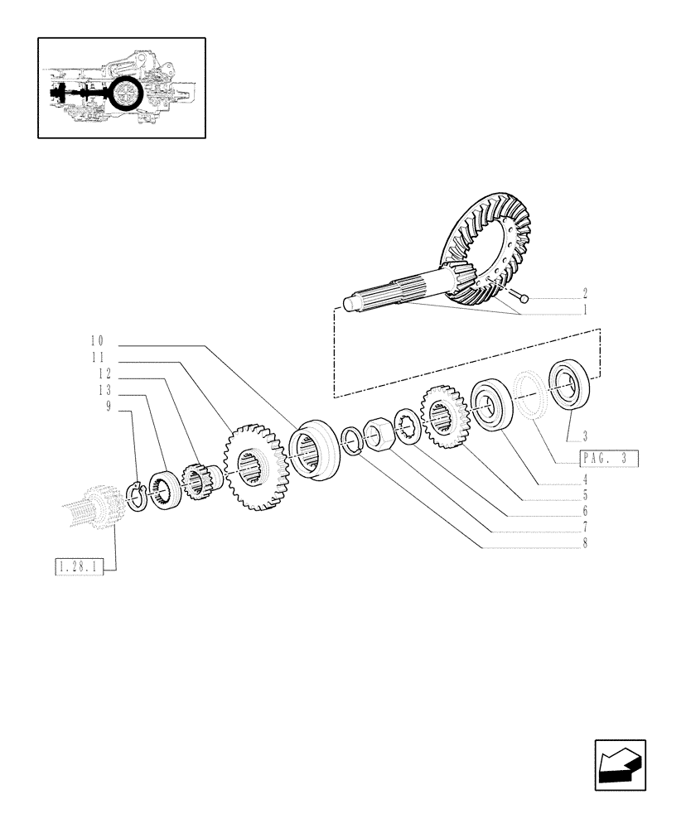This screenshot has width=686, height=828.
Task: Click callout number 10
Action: [x=98, y=341]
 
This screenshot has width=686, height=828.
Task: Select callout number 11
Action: [x=98, y=358]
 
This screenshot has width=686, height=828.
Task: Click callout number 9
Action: [x=109, y=407]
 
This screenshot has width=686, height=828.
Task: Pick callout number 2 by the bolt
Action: [x=585, y=294]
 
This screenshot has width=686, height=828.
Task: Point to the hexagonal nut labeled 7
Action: [x=379, y=434]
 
